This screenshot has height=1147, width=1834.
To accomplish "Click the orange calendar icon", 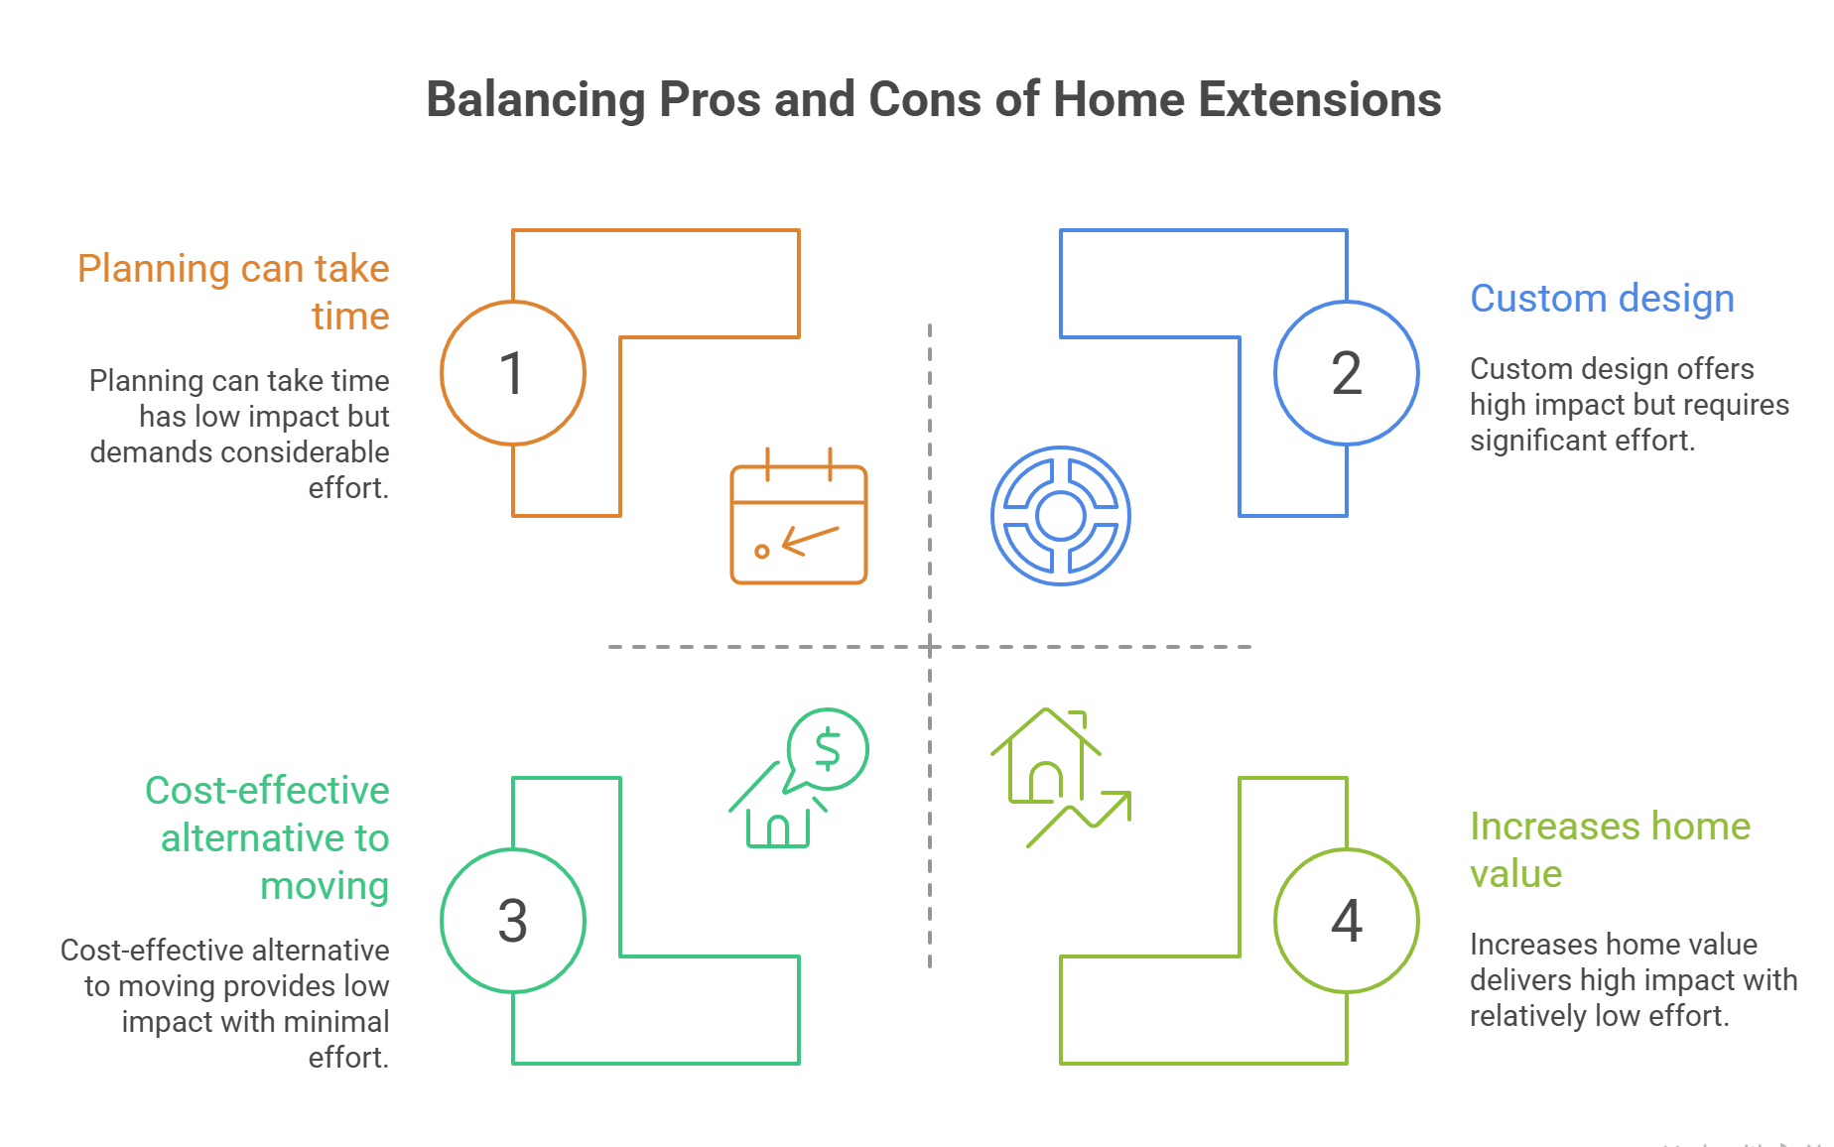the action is [799, 516].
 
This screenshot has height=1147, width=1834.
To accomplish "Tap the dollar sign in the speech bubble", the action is [827, 749].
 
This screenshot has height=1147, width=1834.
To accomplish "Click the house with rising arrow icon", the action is [1061, 778].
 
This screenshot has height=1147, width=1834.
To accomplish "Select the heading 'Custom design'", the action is [1602, 299].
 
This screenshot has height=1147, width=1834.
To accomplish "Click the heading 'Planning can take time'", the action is [233, 293].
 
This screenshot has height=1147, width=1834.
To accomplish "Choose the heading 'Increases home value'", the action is [1610, 850].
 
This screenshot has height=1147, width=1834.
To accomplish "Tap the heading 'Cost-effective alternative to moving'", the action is [267, 838].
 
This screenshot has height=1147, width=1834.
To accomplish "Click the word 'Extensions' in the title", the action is [1320, 100].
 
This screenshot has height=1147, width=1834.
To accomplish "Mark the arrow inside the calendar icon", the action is [811, 540].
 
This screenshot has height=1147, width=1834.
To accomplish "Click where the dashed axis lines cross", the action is [930, 647].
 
